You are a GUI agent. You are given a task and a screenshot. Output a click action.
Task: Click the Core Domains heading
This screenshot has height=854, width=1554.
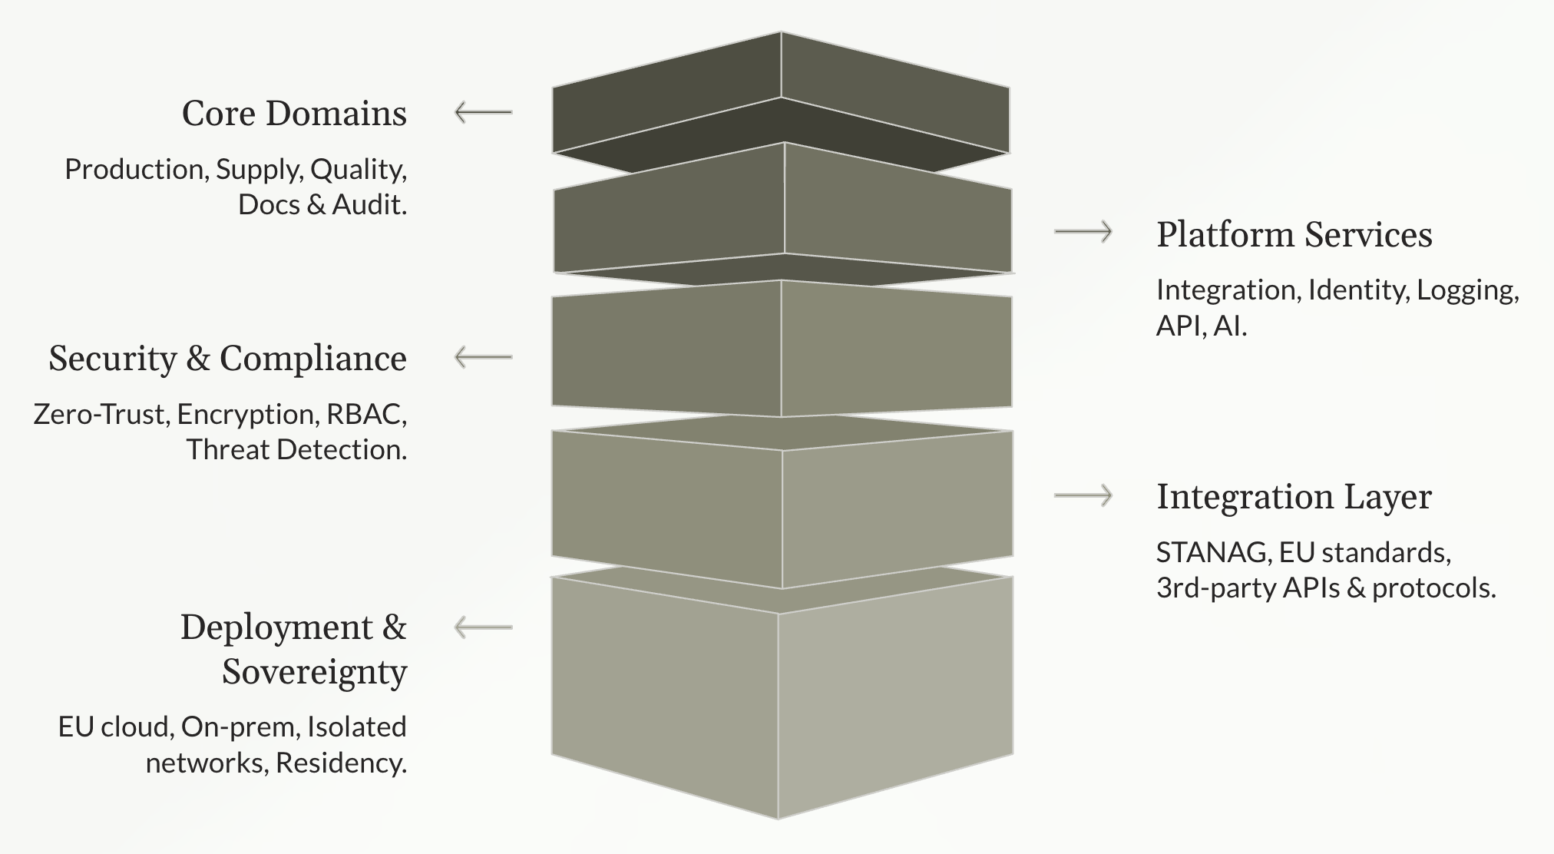pos(294,114)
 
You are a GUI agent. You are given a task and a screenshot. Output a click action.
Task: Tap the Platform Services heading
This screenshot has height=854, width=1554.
pos(1294,234)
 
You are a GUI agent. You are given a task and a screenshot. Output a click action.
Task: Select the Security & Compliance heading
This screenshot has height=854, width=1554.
pos(227,359)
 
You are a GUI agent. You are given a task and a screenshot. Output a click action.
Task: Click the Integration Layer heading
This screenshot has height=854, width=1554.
pos(1294,497)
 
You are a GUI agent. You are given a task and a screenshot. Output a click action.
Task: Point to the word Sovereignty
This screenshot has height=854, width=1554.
pos(314,672)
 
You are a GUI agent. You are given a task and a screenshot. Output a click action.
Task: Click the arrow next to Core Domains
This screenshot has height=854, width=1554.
pos(483,113)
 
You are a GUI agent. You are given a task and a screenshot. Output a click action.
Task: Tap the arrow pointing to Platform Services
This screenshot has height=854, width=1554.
pos(1083,231)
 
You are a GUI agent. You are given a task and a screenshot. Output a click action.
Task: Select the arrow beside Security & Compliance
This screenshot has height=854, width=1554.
pos(483,357)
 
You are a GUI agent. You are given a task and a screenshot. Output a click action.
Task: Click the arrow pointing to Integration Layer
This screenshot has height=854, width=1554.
pos(1083,496)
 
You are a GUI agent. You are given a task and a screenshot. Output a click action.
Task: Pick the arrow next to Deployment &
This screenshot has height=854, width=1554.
pos(483,627)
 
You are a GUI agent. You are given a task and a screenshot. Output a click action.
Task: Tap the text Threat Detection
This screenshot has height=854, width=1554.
pos(296,450)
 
